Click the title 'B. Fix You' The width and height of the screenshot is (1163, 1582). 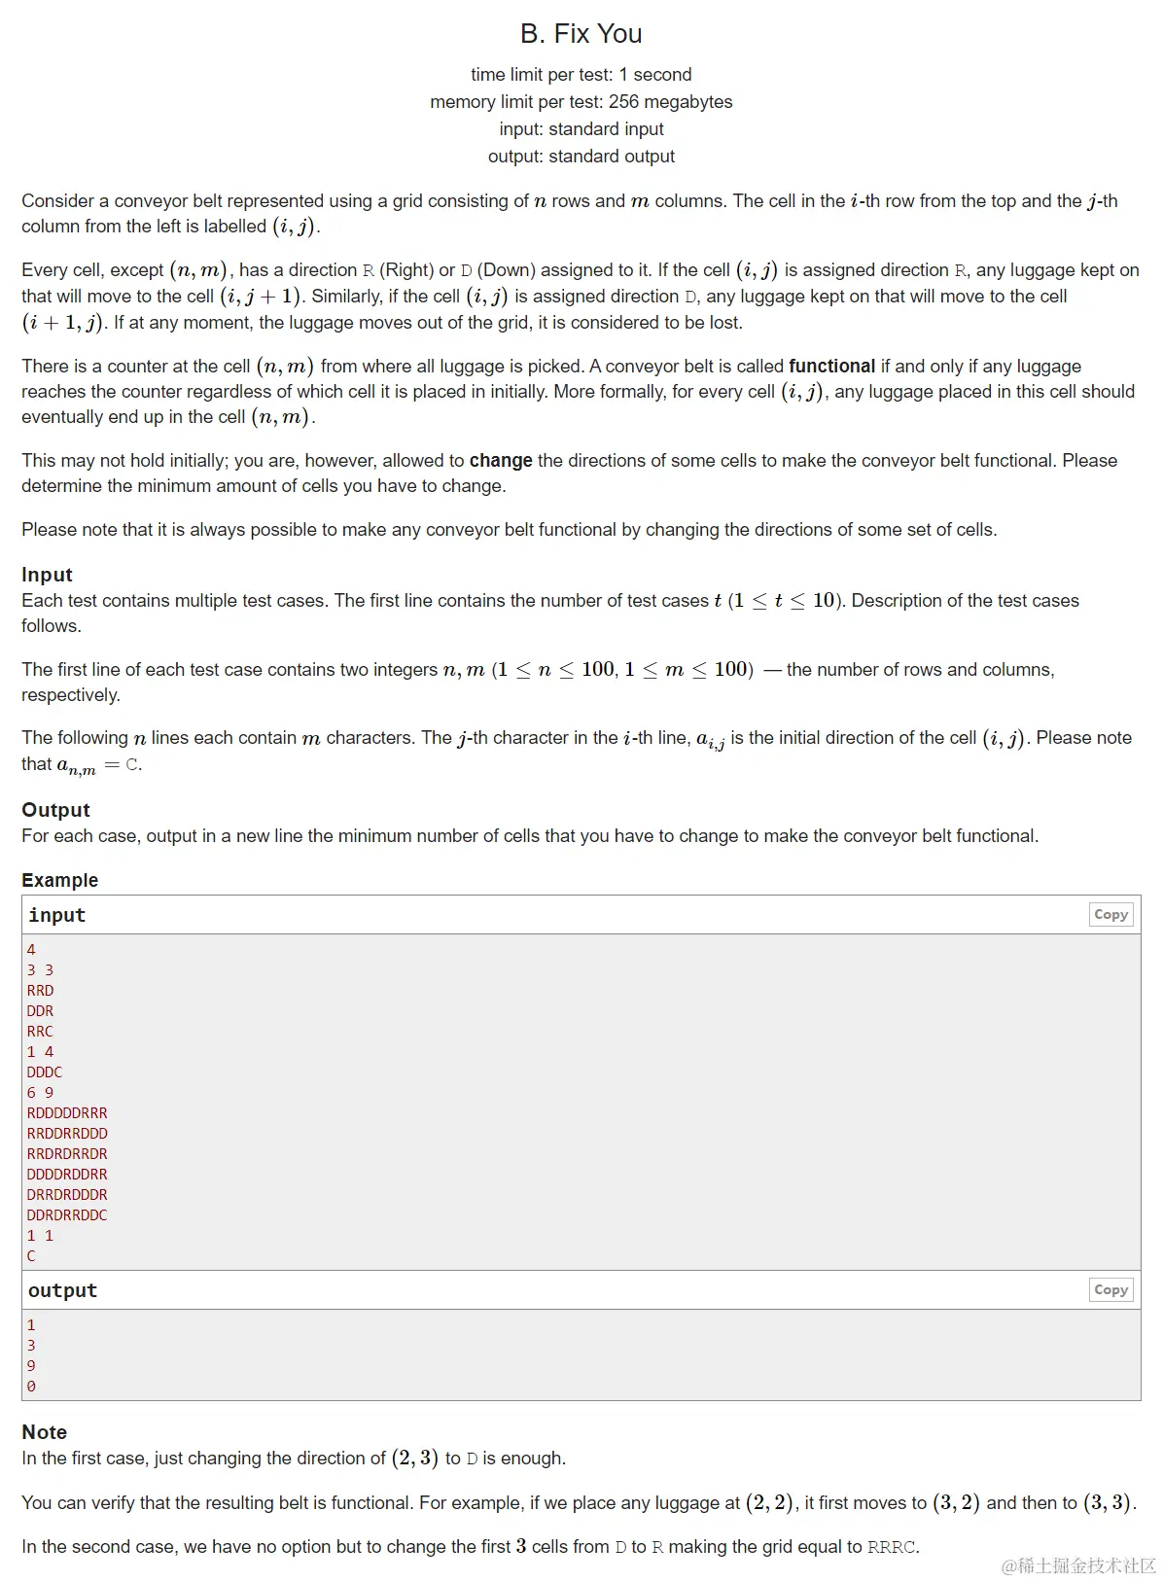tap(581, 34)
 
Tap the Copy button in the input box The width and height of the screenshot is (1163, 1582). tap(1110, 914)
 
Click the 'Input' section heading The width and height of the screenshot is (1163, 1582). tap(47, 575)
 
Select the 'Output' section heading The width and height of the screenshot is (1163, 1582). tap(55, 810)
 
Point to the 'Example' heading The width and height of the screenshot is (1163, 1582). tap(59, 880)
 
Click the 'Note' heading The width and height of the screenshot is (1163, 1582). tap(44, 1432)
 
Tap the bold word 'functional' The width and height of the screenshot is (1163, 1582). tap(831, 367)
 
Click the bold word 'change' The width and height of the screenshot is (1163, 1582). tap(501, 461)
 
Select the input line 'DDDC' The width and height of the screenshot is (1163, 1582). tap(44, 1072)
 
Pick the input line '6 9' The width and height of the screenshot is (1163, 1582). tap(40, 1093)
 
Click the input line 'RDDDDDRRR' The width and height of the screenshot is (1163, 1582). tap(67, 1113)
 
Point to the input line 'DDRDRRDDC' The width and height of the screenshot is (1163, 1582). tap(67, 1215)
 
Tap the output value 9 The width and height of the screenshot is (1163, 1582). tap(31, 1366)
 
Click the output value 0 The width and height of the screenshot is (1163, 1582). tap(31, 1387)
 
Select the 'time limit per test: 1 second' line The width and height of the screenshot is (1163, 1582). tap(581, 75)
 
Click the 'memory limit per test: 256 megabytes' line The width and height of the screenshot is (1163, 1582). tap(581, 102)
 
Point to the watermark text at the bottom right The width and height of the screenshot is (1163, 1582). tap(1079, 1565)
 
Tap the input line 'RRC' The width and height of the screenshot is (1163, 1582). tap(40, 1032)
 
